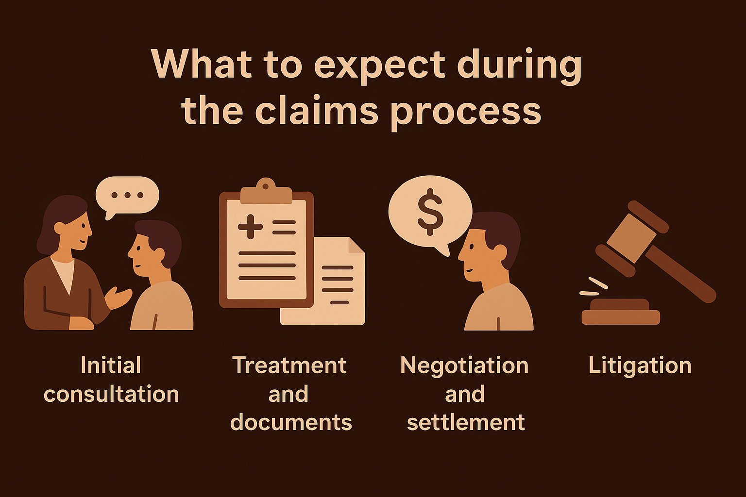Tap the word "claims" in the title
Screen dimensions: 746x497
click(x=317, y=110)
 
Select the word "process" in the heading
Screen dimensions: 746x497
click(x=465, y=114)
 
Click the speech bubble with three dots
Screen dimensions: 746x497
click(x=127, y=197)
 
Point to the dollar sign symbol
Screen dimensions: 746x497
click(x=430, y=212)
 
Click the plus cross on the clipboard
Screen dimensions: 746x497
click(x=251, y=227)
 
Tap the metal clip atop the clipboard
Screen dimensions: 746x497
click(x=266, y=191)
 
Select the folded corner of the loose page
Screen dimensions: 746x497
click(x=356, y=245)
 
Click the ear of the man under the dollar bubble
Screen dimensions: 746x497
click(x=500, y=253)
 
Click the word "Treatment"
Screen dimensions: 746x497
click(x=289, y=365)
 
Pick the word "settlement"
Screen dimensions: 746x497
click(x=466, y=422)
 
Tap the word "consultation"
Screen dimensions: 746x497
click(x=111, y=394)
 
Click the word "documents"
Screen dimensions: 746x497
click(x=291, y=422)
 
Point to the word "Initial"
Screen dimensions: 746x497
click(x=111, y=365)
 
